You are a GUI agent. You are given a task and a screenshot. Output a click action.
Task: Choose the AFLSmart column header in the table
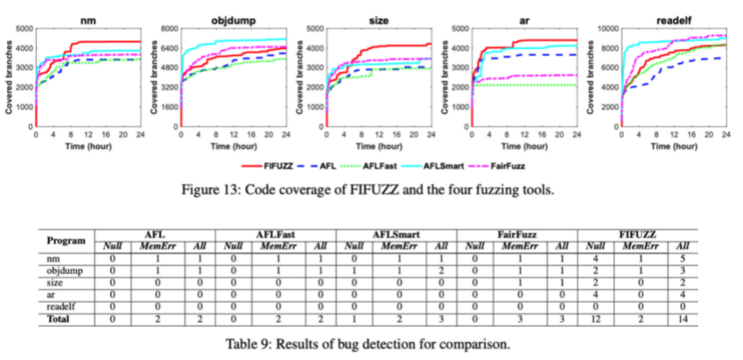(x=396, y=233)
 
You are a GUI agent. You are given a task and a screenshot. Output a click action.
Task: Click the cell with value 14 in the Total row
(x=682, y=317)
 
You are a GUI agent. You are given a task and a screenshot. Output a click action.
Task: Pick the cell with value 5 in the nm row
(x=682, y=257)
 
